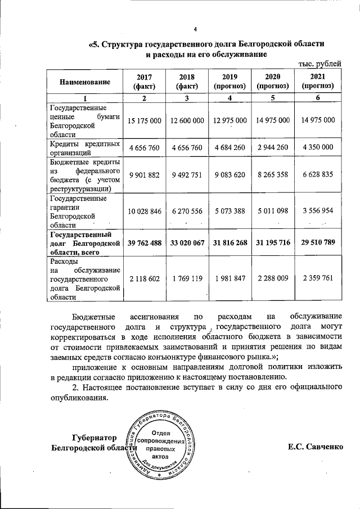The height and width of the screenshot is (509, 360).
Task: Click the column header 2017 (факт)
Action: (145, 82)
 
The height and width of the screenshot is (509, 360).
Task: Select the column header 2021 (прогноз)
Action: (318, 82)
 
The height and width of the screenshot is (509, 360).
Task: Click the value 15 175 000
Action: (145, 120)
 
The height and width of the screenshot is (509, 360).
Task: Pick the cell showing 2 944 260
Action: (273, 148)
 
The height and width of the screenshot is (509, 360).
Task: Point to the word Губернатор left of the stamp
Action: (94, 438)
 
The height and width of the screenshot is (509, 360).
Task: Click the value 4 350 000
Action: (318, 148)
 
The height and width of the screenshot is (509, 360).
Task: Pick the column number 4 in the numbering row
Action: (229, 98)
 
